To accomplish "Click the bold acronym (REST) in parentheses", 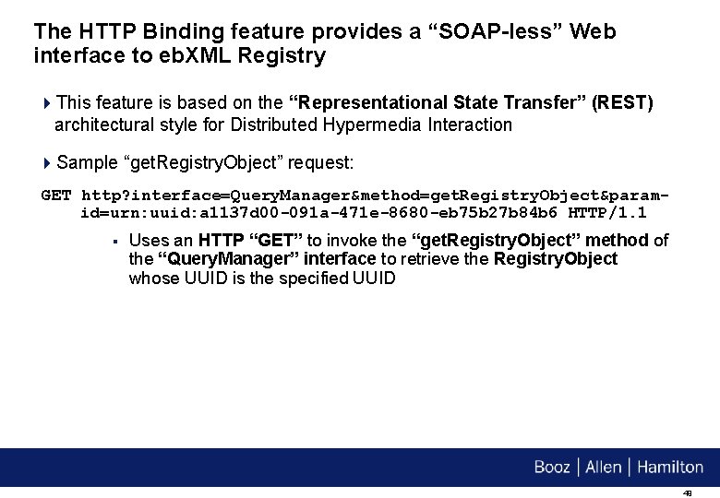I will coord(625,102).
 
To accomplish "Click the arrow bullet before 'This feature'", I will coord(47,102).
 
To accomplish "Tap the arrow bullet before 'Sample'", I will coord(47,163).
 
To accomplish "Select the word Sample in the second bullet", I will coord(87,163).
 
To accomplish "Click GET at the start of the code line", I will coord(55,196).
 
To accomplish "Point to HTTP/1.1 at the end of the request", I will coord(606,213).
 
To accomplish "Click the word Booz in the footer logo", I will coord(552,467).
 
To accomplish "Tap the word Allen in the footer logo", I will coord(604,467).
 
